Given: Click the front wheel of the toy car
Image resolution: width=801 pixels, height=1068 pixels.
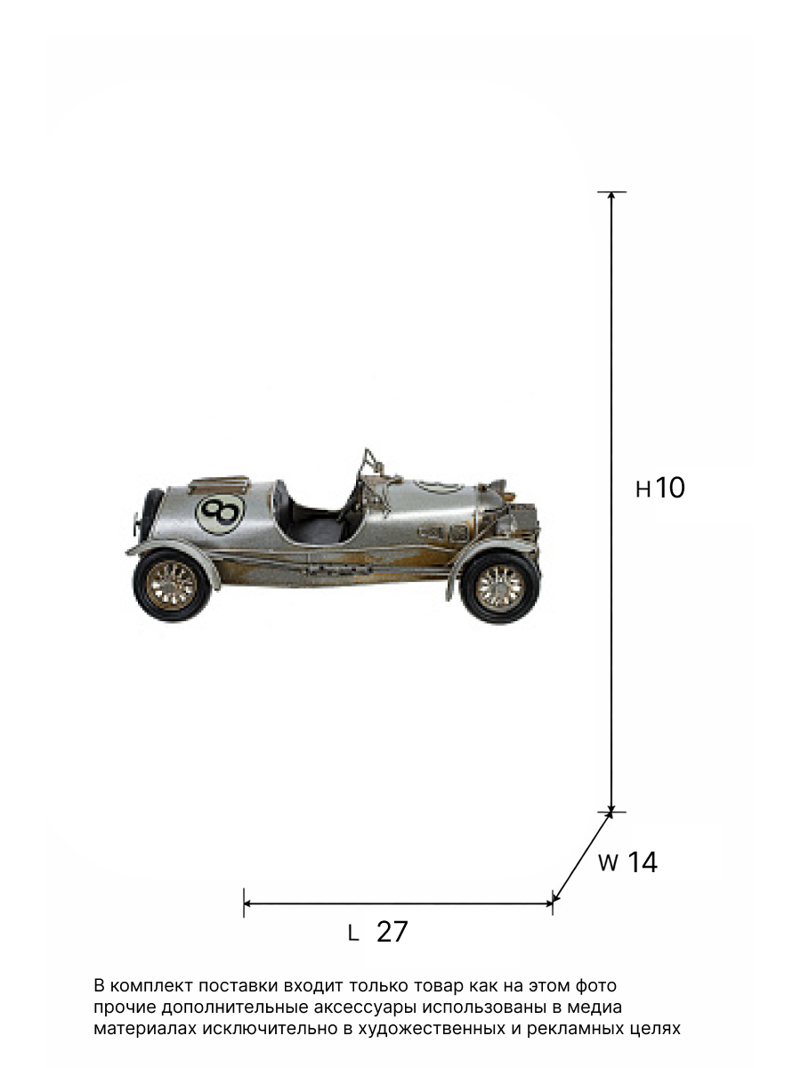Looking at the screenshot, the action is [x=499, y=587].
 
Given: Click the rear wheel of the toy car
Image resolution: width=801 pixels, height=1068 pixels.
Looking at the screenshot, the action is [x=172, y=585].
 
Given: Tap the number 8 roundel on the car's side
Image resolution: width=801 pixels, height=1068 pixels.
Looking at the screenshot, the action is [x=220, y=514].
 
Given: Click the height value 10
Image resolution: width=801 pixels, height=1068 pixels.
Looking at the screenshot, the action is [x=669, y=487].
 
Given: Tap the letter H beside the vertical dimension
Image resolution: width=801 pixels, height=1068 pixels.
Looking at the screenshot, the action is [x=643, y=489].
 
